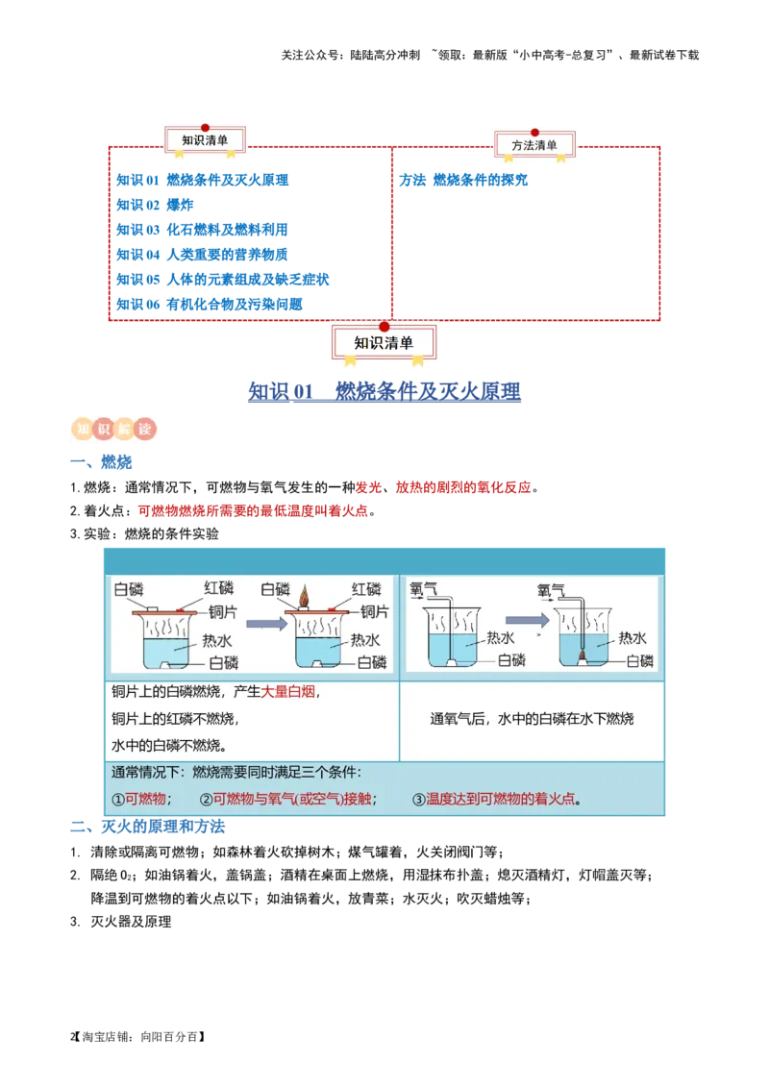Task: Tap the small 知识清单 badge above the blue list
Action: coord(206,140)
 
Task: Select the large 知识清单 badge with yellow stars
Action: coord(384,343)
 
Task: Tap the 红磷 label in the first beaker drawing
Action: coord(218,588)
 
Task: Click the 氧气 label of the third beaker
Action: coord(423,588)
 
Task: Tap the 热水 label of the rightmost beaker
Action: coord(633,637)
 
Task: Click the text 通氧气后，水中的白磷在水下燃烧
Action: coord(532,719)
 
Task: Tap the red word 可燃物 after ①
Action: coord(146,799)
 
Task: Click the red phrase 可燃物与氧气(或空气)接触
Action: coord(291,799)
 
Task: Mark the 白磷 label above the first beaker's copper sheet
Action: coord(129,588)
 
